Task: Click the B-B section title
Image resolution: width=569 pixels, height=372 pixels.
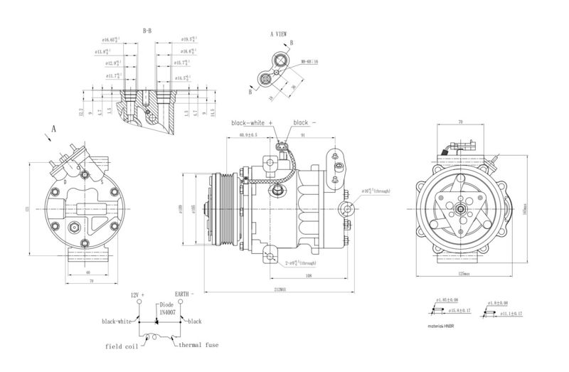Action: click(147, 31)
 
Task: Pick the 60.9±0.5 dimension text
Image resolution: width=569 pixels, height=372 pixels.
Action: click(248, 134)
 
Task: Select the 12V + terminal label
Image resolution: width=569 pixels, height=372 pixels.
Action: click(137, 293)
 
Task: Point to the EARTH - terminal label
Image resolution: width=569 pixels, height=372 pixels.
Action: click(184, 293)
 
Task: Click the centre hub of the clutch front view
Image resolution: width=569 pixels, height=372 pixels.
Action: click(461, 209)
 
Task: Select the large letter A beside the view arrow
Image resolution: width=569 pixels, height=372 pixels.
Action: click(53, 129)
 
